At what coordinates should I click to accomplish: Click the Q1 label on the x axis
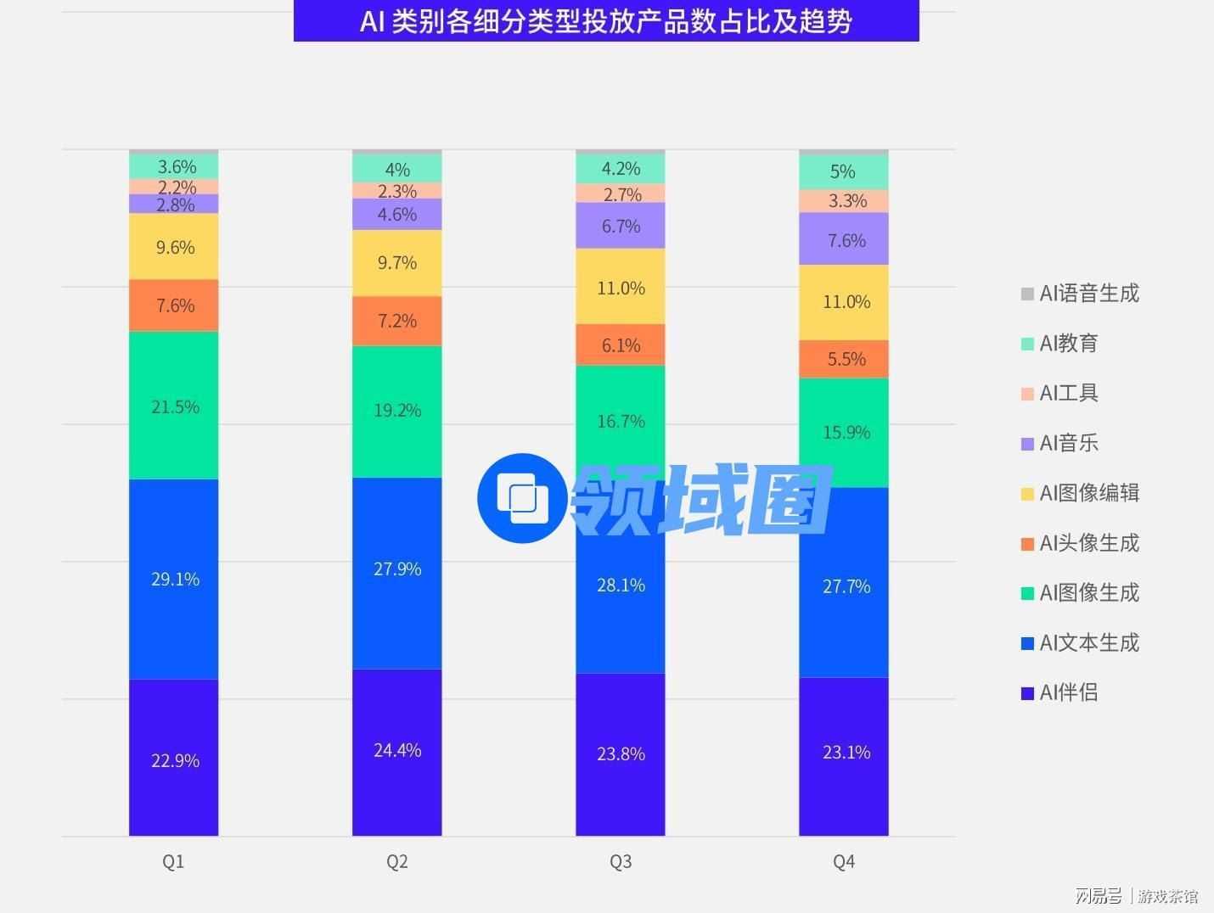click(x=173, y=862)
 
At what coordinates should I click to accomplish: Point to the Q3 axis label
click(x=621, y=862)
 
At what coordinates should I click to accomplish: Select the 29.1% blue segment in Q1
click(x=174, y=580)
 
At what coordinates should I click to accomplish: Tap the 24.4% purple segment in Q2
click(x=397, y=751)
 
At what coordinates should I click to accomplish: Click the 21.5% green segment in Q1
click(x=174, y=406)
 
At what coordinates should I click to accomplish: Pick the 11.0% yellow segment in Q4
click(x=846, y=302)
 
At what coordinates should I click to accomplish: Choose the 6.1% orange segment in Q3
click(x=621, y=345)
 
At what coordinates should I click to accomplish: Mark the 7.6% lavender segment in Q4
click(x=846, y=240)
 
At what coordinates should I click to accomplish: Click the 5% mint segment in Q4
click(x=843, y=172)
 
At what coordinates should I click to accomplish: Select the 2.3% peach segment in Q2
click(x=397, y=191)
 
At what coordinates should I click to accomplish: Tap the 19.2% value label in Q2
click(x=397, y=411)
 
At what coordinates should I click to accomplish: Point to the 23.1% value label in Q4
click(x=846, y=753)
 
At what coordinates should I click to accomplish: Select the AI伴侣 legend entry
click(x=1068, y=692)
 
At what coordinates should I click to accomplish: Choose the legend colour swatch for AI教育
click(x=1027, y=344)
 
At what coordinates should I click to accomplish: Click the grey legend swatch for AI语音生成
click(x=1027, y=294)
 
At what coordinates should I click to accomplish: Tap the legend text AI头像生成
click(x=1089, y=543)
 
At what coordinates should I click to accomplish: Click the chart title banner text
click(x=606, y=21)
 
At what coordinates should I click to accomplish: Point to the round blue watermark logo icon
click(x=522, y=497)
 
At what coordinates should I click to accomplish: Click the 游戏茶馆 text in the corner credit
click(x=1168, y=896)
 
